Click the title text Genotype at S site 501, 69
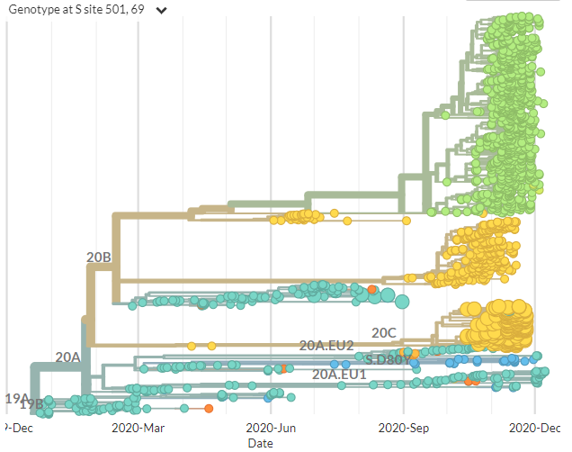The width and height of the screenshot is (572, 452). (x=75, y=10)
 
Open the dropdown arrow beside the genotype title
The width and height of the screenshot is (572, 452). (x=161, y=11)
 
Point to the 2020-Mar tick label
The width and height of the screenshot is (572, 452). (x=138, y=428)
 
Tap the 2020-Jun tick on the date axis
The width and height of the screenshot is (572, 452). (x=271, y=428)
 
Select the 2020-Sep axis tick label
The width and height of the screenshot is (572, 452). (x=404, y=428)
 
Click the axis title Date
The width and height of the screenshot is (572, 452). (x=261, y=443)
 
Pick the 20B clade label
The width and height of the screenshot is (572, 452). (x=99, y=258)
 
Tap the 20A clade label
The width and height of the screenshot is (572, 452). (x=68, y=357)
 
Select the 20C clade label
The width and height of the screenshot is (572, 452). (x=384, y=332)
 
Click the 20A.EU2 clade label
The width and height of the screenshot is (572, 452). (x=326, y=345)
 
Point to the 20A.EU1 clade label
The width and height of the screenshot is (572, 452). (x=339, y=374)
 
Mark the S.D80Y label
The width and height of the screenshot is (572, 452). (x=388, y=359)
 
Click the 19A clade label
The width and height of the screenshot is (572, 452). (x=17, y=398)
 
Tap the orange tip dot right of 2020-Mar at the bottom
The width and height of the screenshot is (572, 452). (x=209, y=409)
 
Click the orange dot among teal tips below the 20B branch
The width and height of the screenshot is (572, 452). (x=372, y=288)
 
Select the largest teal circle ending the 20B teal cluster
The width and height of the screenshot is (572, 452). (x=401, y=302)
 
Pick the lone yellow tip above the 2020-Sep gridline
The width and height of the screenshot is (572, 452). (x=407, y=220)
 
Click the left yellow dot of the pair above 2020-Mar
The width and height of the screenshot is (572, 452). (x=192, y=346)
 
